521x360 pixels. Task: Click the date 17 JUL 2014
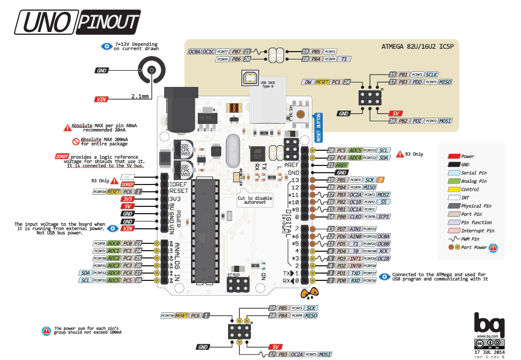[485, 352]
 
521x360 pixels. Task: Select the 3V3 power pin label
[128, 199]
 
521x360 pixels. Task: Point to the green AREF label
[342, 165]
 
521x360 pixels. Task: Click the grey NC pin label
[128, 177]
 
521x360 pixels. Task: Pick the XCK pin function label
[384, 251]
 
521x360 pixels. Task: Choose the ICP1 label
[384, 216]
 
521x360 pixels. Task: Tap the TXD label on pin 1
[356, 273]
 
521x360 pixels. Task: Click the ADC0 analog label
[114, 243]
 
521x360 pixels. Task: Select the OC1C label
[208, 52]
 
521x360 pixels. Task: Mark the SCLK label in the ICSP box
[431, 75]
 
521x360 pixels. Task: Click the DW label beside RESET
[308, 82]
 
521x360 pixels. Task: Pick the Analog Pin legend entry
[473, 181]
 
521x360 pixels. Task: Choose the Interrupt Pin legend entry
[477, 230]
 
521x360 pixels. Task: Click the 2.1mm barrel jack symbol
[151, 72]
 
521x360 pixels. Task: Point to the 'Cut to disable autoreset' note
[255, 200]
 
